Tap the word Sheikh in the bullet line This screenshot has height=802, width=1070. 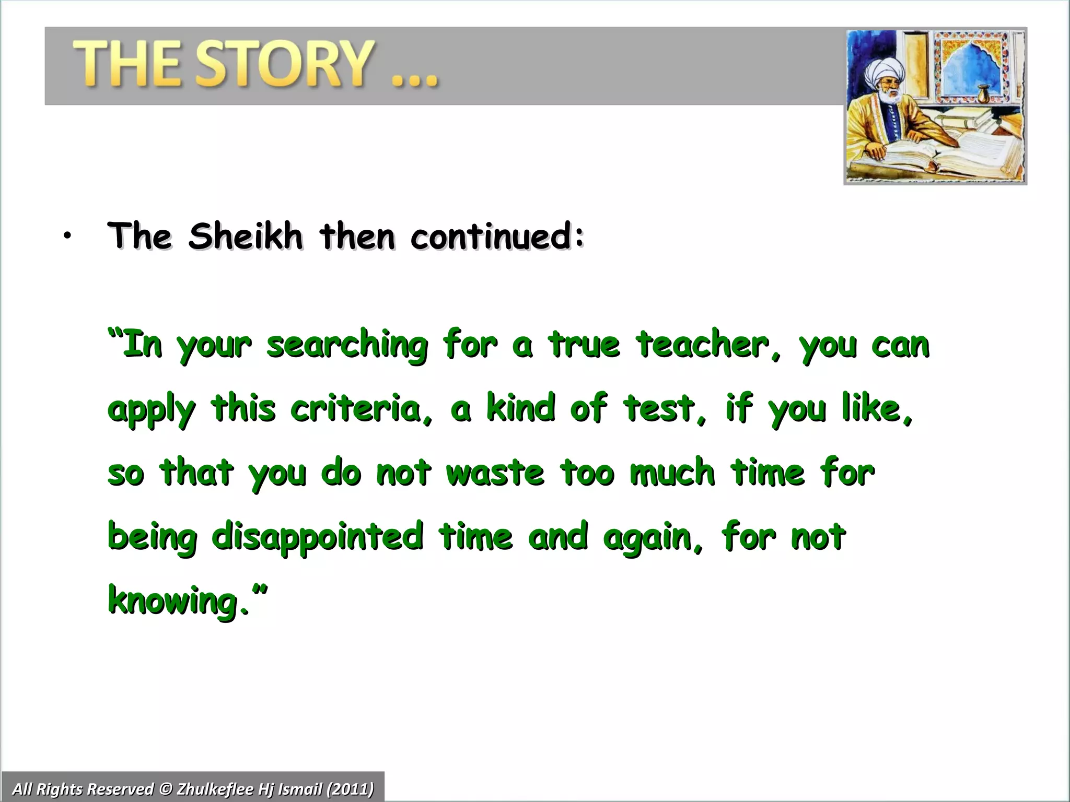click(246, 236)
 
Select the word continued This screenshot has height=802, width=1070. click(496, 236)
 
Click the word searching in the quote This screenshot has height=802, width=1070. click(347, 346)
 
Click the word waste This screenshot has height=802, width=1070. click(495, 473)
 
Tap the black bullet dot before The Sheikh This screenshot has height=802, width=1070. click(66, 237)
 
